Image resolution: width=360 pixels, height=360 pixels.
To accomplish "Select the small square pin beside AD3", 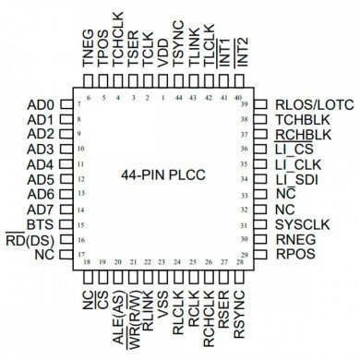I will [x=66, y=150].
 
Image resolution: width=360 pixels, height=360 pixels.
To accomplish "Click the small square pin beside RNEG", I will [x=260, y=239].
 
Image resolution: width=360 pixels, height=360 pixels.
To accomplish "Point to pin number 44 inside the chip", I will [x=177, y=97].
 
